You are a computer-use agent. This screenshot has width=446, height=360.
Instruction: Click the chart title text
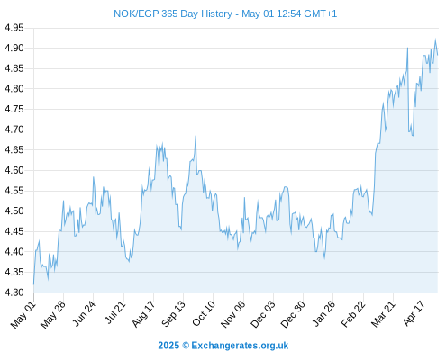225,13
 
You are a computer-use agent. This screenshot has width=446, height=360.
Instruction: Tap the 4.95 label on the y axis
14,28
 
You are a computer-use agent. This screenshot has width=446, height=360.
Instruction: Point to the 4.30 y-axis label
14,292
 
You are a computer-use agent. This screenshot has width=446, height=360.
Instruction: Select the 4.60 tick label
14,170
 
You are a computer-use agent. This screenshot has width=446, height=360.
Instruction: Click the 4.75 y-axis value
14,109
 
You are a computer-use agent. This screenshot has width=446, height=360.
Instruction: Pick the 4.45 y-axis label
14,231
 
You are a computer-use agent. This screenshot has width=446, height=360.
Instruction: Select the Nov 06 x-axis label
232,314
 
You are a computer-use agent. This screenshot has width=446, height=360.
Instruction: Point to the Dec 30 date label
293,314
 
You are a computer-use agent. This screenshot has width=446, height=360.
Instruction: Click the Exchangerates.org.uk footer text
240,346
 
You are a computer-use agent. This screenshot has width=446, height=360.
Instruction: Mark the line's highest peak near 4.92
435,39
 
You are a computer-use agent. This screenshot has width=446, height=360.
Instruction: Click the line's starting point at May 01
33,284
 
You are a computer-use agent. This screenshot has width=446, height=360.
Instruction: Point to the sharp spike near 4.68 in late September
196,136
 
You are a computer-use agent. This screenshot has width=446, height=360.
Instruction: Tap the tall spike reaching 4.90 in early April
407,48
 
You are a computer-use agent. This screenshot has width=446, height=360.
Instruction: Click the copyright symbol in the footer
186,346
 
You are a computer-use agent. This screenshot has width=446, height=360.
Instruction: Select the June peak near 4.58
94,177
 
